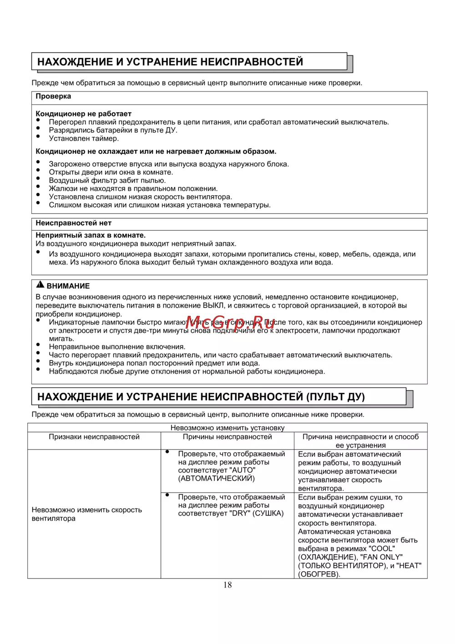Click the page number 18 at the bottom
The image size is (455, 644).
point(227,585)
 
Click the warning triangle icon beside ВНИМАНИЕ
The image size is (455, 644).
point(40,285)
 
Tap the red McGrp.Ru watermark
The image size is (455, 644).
point(230,322)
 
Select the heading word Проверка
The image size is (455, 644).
point(53,96)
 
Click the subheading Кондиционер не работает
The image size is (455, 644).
point(83,114)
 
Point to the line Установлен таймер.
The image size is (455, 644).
point(84,138)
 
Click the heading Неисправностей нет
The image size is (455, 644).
point(73,223)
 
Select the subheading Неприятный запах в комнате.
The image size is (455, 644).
point(91,235)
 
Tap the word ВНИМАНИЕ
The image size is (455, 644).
point(68,286)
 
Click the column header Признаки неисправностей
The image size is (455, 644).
point(94,437)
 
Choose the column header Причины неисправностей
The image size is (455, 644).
point(227,437)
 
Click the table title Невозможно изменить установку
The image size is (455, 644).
point(227,428)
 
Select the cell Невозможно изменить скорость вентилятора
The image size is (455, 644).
point(86,514)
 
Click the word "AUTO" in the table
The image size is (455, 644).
point(243,470)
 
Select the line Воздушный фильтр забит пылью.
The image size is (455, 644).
point(107,180)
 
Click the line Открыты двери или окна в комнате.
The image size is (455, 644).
point(111,172)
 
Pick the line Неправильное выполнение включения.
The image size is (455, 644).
point(117,347)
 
